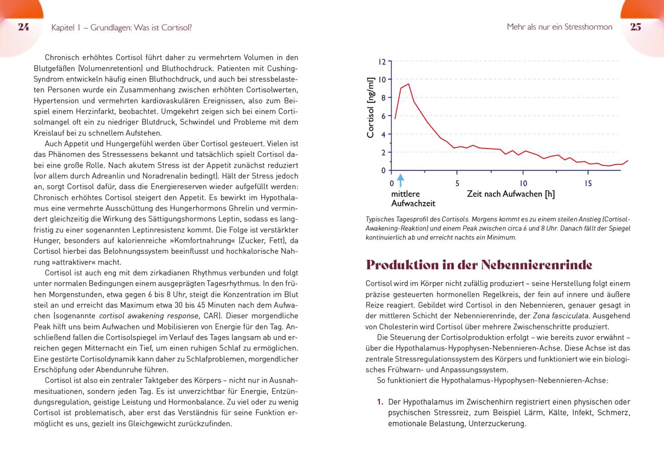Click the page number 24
(24, 27)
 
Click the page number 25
(635, 27)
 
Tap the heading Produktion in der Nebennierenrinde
(479, 265)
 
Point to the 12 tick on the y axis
(382, 62)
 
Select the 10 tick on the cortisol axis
(382, 79)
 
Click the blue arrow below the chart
(400, 180)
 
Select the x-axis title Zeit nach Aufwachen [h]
(510, 194)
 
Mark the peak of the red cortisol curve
(408, 84)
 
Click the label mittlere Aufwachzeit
(413, 198)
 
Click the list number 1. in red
(380, 402)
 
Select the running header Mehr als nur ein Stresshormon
(559, 27)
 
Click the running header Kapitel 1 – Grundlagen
(121, 28)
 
